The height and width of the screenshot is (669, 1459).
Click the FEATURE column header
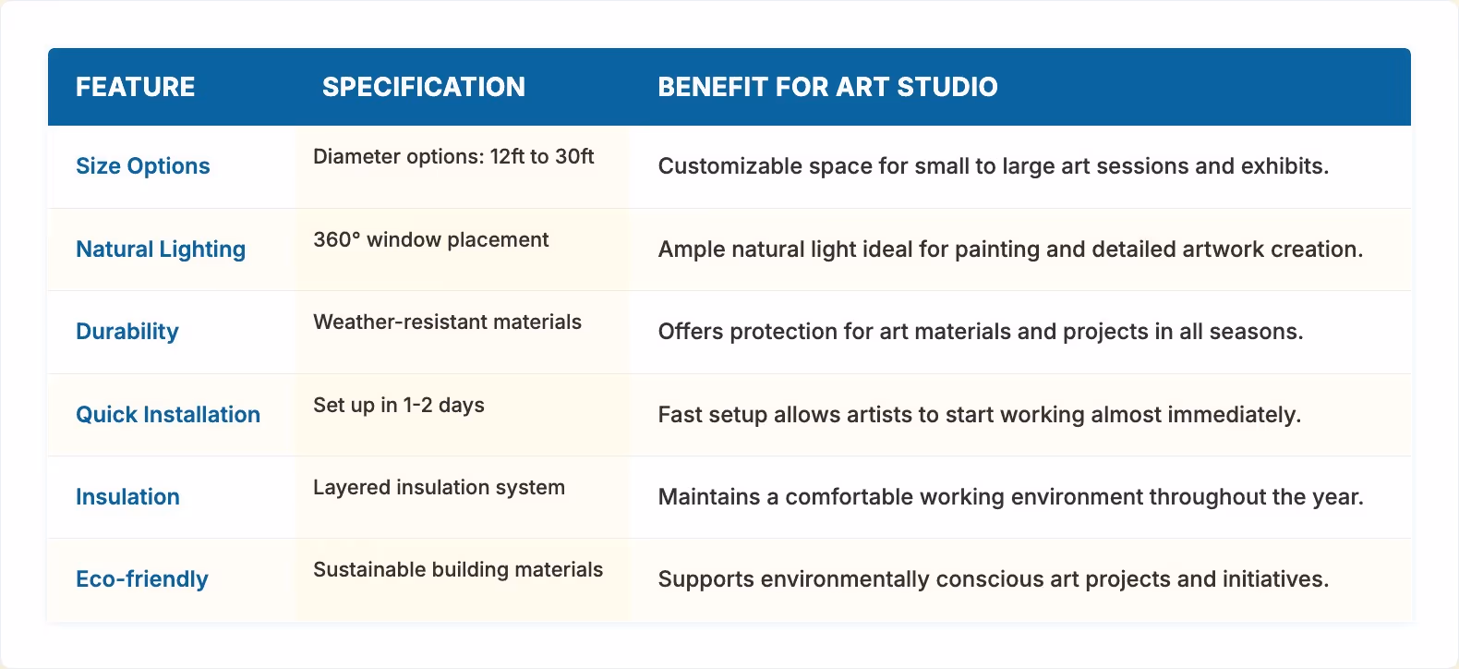coord(135,87)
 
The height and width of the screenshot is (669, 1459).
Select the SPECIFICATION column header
coord(423,87)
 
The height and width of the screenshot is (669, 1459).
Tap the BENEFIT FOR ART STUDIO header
coord(827,87)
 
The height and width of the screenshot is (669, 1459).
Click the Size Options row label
coord(142,166)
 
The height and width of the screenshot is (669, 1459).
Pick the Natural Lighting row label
coord(161,249)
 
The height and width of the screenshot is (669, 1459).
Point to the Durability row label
coord(127,332)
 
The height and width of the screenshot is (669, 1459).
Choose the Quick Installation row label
coord(168,415)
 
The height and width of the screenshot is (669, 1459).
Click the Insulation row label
coord(127,497)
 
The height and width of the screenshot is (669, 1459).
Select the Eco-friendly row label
coord(141,579)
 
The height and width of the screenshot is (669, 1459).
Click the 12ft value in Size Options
coord(507,157)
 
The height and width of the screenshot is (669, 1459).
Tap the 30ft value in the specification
coord(574,157)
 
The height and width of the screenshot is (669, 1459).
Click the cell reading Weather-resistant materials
coord(447,322)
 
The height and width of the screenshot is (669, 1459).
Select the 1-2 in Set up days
coord(417,406)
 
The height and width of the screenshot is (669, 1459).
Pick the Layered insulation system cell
coord(439,488)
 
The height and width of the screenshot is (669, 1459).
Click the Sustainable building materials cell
coord(458,570)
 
